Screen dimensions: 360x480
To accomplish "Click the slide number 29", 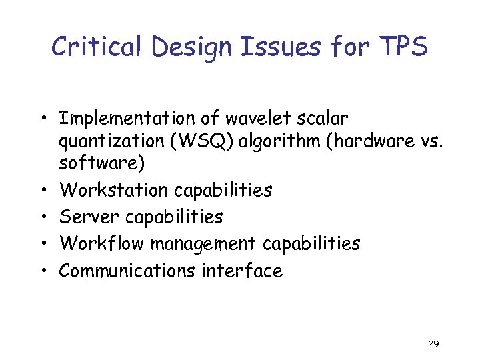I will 433,345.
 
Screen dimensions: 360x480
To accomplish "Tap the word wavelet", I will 247,119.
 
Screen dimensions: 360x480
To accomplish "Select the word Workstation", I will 114,190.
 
